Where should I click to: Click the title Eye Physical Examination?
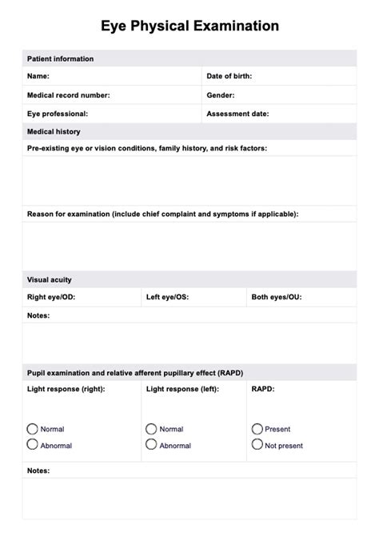pyautogui.click(x=189, y=26)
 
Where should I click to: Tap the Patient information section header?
pyautogui.click(x=60, y=59)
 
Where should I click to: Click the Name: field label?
pyautogui.click(x=38, y=76)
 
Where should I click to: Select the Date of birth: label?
pyautogui.click(x=229, y=76)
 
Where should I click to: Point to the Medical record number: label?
pyautogui.click(x=69, y=95)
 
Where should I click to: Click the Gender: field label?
pyautogui.click(x=221, y=95)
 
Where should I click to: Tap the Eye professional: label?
pyautogui.click(x=58, y=114)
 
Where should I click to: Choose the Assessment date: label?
pyautogui.click(x=237, y=114)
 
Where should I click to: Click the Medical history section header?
pyautogui.click(x=54, y=131)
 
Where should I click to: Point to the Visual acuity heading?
pyautogui.click(x=50, y=280)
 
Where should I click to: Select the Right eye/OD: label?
pyautogui.click(x=52, y=298)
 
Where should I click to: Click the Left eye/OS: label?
pyautogui.click(x=168, y=298)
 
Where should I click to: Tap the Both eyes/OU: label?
pyautogui.click(x=277, y=298)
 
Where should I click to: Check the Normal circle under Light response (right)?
pyautogui.click(x=33, y=429)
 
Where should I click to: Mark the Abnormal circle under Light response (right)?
pyautogui.click(x=33, y=444)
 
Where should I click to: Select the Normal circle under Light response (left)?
pyautogui.click(x=151, y=429)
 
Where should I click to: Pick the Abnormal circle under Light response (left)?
pyautogui.click(x=151, y=444)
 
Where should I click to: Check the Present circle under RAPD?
pyautogui.click(x=257, y=429)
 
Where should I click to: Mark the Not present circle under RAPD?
pyautogui.click(x=257, y=444)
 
